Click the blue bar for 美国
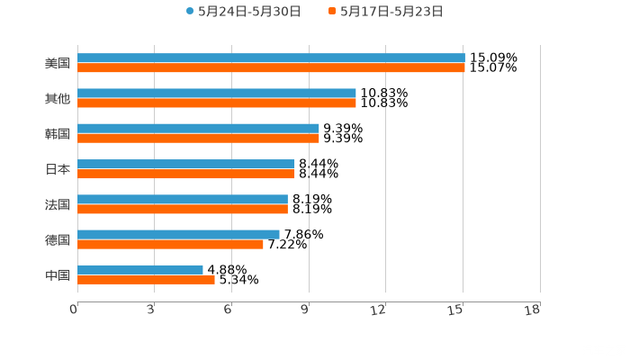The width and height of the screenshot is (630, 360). [x=270, y=58]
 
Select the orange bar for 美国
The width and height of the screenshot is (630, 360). [x=270, y=67]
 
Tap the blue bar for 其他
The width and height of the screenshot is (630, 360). [x=216, y=94]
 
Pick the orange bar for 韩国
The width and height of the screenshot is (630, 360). [x=198, y=138]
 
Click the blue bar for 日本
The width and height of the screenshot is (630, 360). [x=185, y=164]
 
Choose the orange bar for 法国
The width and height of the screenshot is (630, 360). [x=182, y=209]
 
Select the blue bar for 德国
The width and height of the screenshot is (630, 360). [x=178, y=234]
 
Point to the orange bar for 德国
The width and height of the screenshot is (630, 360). [x=170, y=244]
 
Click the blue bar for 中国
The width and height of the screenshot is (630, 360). [x=139, y=269]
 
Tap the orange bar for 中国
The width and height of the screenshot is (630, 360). [x=146, y=279]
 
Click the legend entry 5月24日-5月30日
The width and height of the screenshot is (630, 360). [x=243, y=12]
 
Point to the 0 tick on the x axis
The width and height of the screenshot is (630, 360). [x=75, y=310]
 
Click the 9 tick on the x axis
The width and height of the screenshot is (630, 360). [x=305, y=310]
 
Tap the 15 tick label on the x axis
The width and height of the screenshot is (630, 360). [x=457, y=310]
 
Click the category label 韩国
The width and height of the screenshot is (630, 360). [x=58, y=133]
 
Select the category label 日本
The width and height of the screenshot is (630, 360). [x=58, y=168]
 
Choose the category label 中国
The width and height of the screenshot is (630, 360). [x=58, y=274]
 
